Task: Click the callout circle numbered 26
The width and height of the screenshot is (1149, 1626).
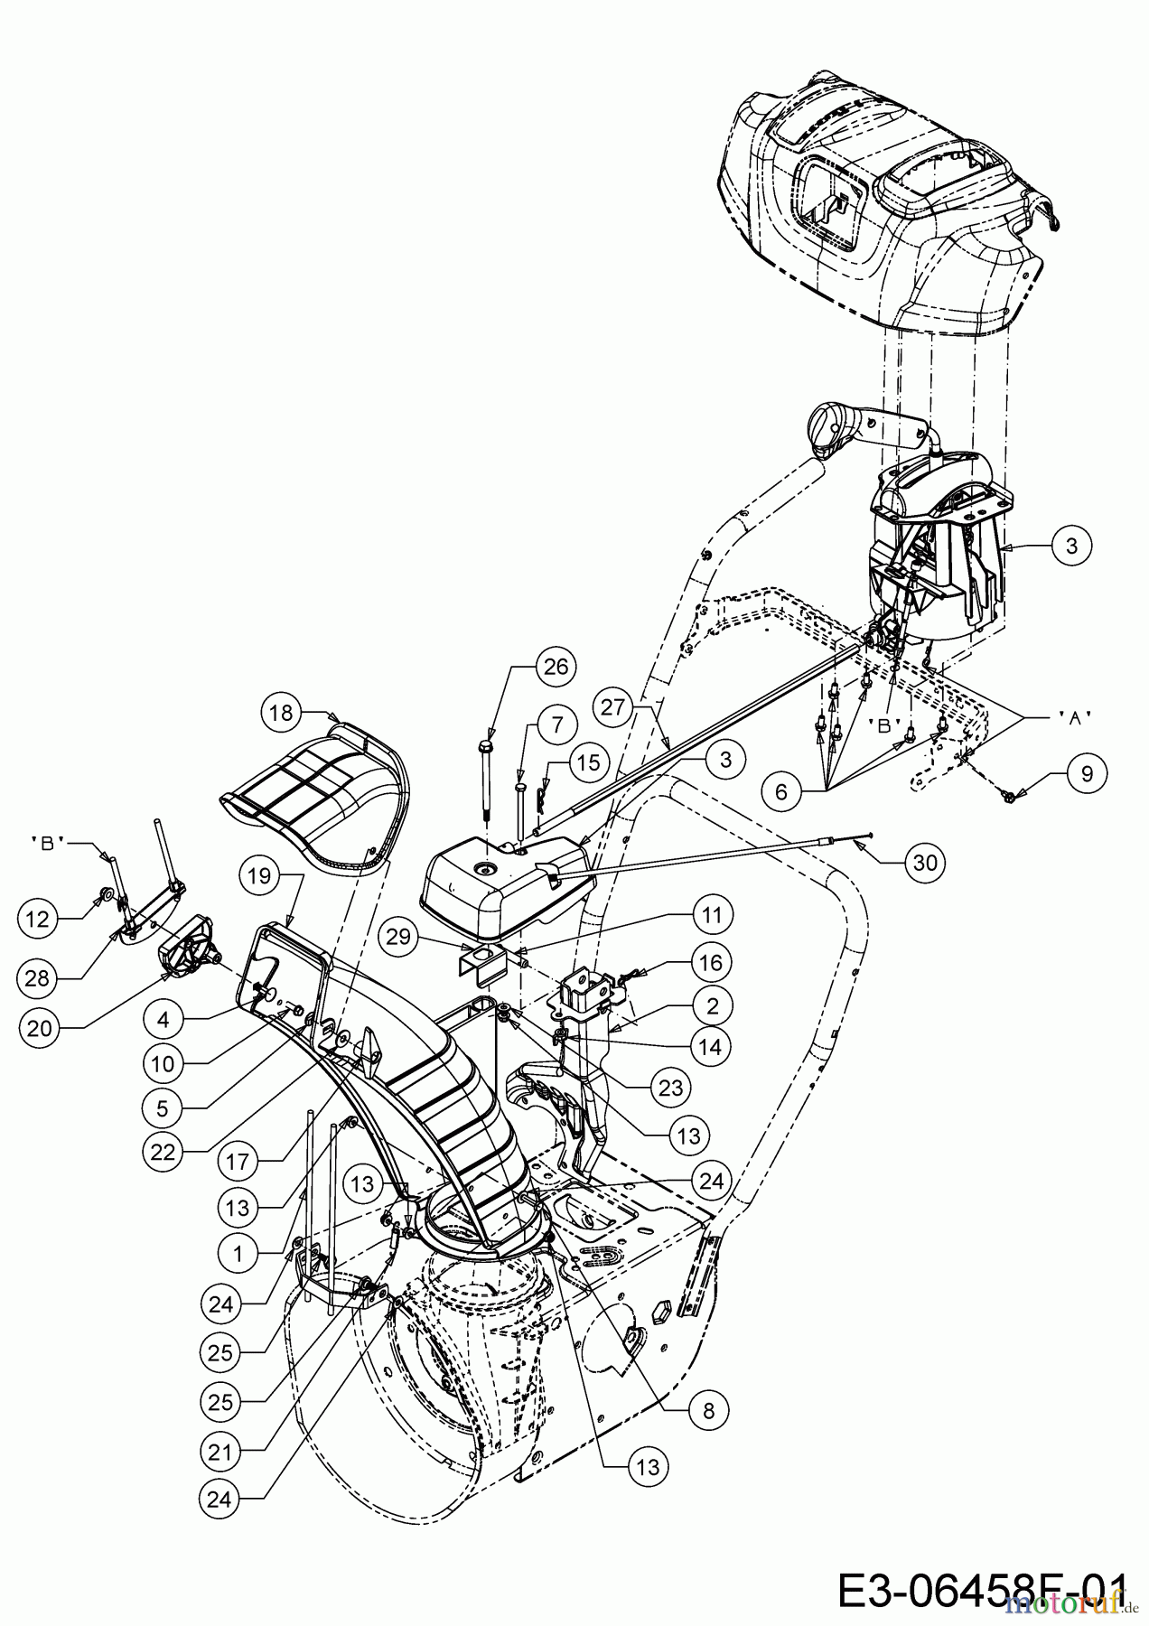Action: tap(556, 667)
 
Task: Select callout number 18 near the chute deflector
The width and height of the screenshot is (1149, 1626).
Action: tap(282, 713)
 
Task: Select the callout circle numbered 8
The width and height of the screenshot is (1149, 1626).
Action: tap(709, 1410)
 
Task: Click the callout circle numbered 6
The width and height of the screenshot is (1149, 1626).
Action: tap(781, 791)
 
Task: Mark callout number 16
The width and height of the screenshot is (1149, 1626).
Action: tap(711, 963)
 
